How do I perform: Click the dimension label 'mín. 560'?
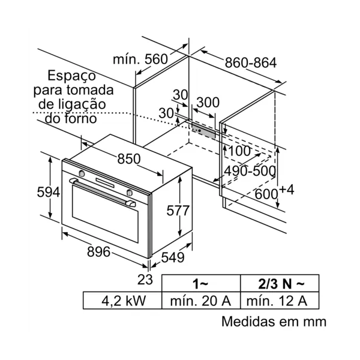139,59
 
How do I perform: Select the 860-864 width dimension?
251,62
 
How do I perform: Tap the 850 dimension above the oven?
128,159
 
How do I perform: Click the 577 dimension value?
178,211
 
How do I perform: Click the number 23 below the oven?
145,279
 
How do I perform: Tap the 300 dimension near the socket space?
208,102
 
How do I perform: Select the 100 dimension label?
239,151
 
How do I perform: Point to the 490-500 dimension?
250,171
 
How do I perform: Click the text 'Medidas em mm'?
274,322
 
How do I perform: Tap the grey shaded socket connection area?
205,130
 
